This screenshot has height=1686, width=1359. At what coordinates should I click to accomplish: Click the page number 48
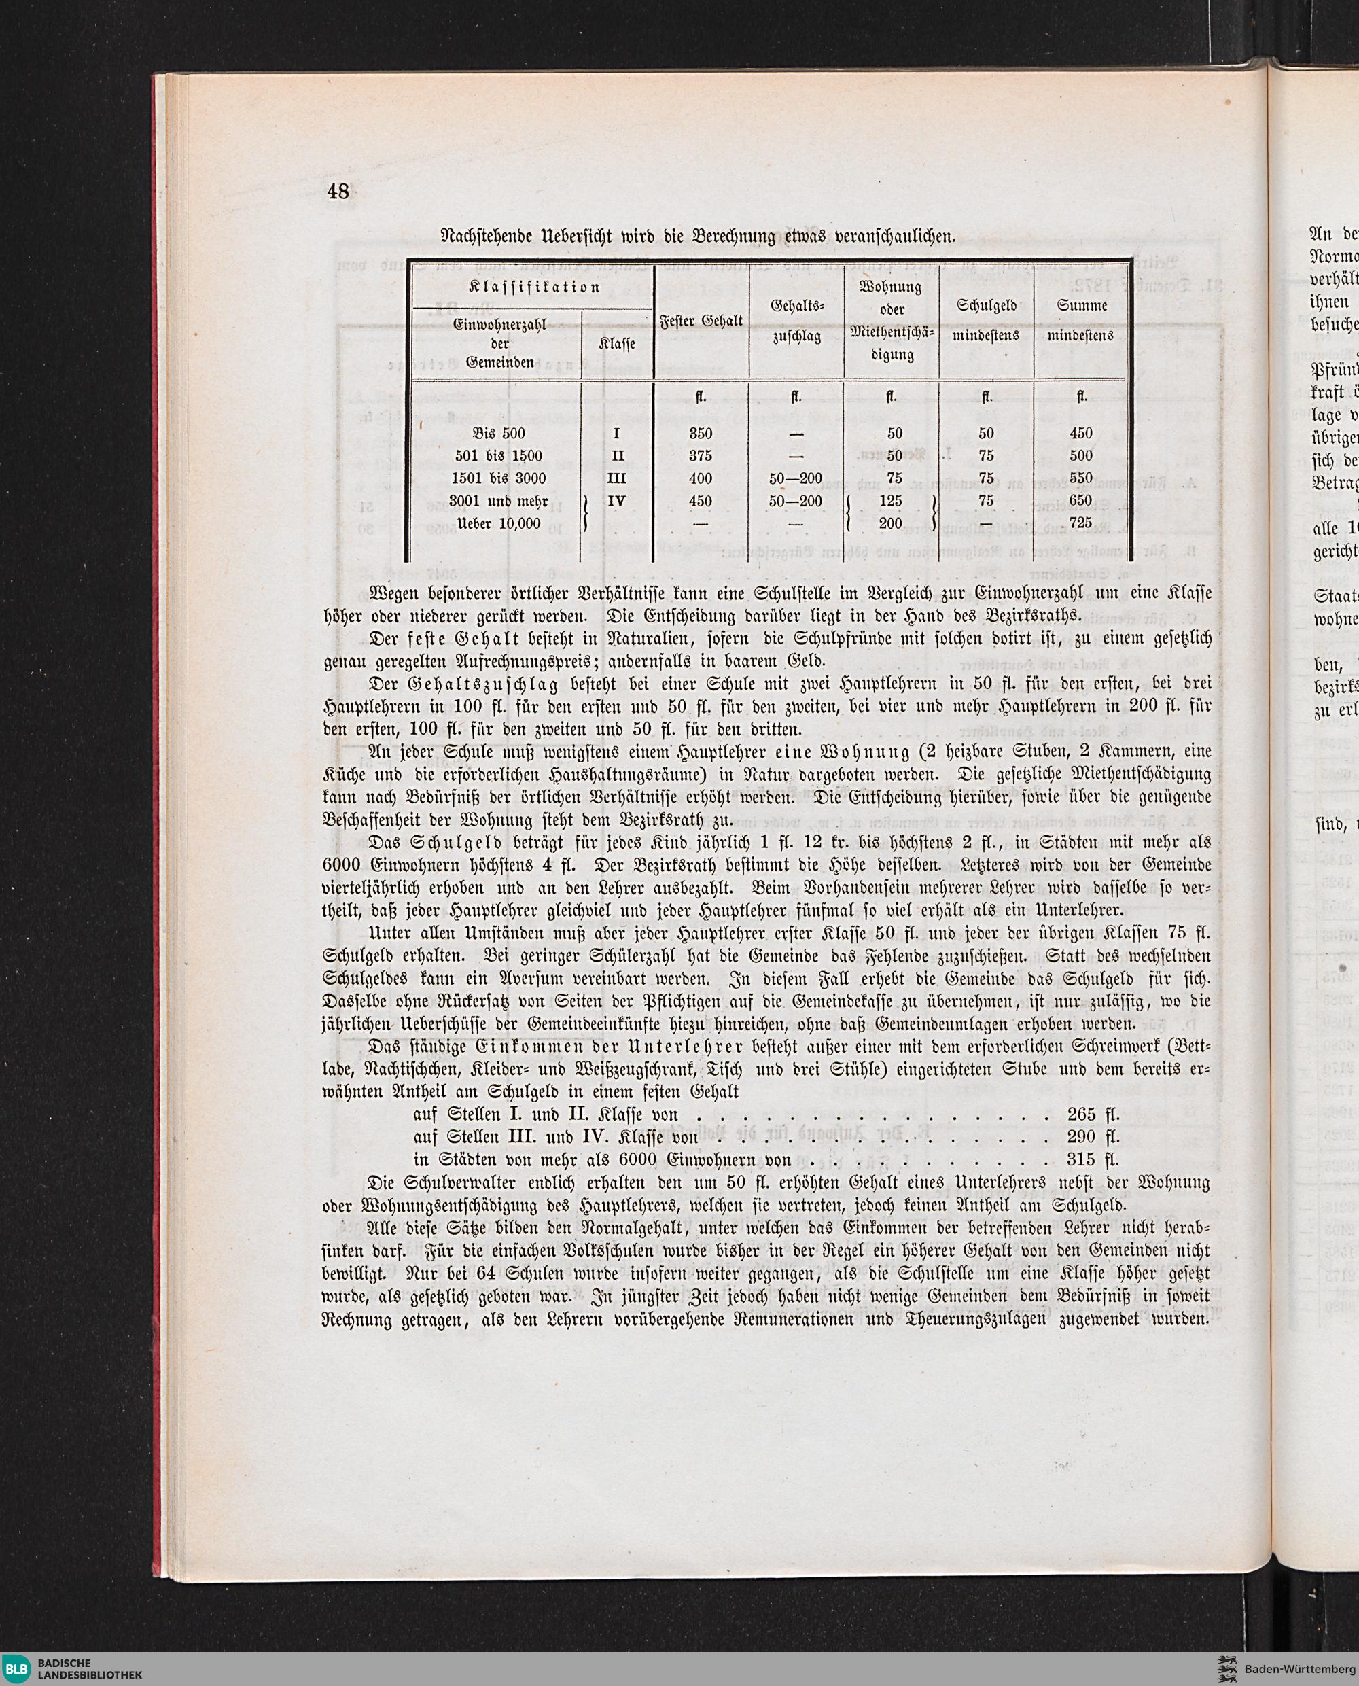coord(338,191)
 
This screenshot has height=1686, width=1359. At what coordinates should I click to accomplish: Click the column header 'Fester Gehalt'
coord(701,320)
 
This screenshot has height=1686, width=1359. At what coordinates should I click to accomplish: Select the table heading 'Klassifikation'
coord(534,287)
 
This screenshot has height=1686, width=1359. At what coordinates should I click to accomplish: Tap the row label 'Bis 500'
coord(499,434)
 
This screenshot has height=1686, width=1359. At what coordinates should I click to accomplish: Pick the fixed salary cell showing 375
coord(701,455)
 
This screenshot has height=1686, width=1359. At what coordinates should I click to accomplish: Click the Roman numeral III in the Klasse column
coord(617,478)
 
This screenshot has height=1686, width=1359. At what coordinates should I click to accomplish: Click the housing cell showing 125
coord(891,501)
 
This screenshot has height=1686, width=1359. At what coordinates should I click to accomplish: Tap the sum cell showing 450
coord(1080,434)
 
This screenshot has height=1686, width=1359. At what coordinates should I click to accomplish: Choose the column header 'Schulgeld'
coord(987,306)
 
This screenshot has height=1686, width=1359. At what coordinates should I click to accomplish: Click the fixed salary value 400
coord(701,478)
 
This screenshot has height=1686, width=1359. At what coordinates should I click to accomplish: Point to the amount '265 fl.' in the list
coord(1093,1114)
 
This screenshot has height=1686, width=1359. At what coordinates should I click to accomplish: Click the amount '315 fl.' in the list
coord(1093,1159)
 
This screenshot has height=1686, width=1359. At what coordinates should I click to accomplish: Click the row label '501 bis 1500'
coord(498,455)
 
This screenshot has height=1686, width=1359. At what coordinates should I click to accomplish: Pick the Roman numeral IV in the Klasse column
coord(617,501)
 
